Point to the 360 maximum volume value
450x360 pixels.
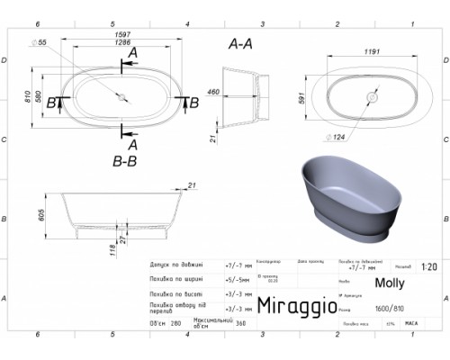coord(238,322)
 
